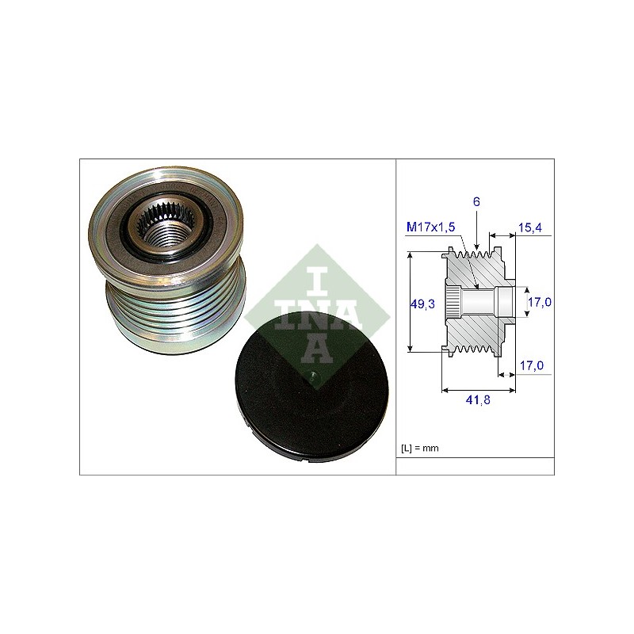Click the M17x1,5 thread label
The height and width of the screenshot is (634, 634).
[430, 227]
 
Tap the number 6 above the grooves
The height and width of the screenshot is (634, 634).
[476, 202]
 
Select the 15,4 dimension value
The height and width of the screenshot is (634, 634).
[530, 227]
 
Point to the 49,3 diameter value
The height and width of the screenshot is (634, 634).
[422, 304]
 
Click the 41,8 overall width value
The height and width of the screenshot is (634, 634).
[478, 400]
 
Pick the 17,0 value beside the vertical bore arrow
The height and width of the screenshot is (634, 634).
[540, 302]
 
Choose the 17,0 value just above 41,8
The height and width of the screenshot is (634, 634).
[532, 365]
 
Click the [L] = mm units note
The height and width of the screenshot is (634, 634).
[420, 448]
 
